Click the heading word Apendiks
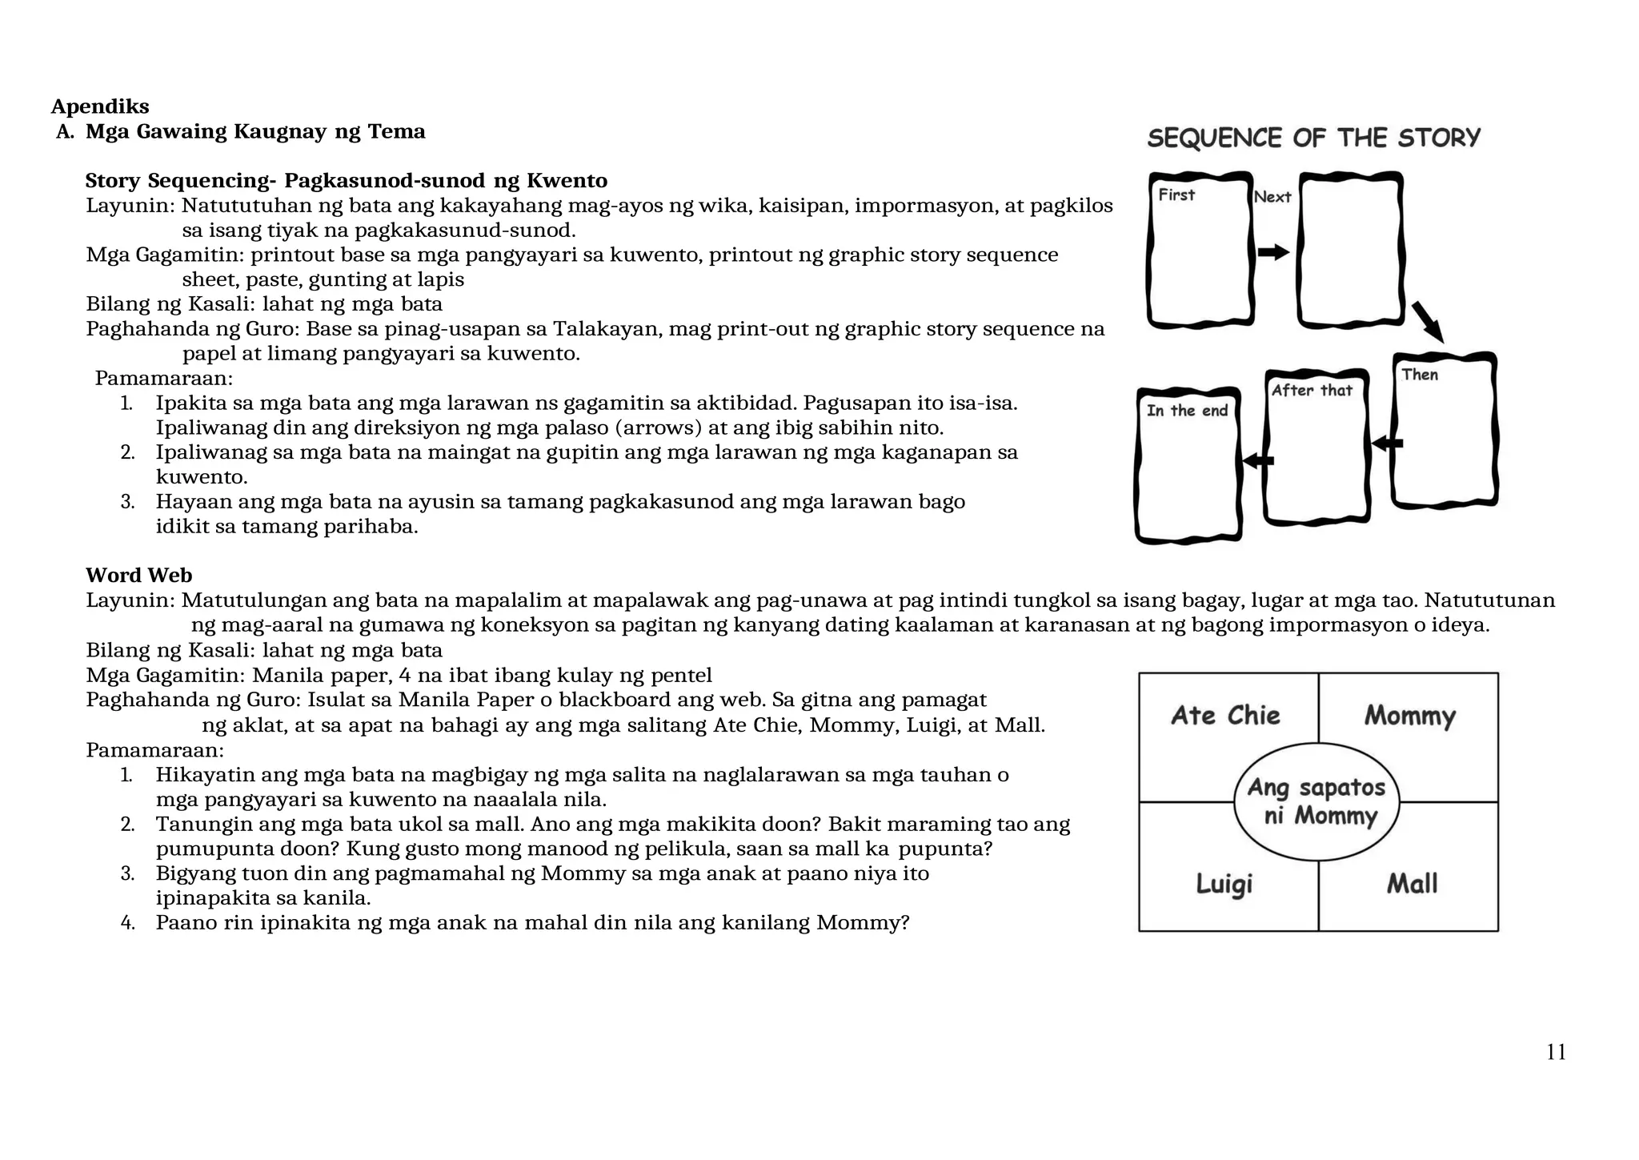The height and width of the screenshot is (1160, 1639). pos(100,106)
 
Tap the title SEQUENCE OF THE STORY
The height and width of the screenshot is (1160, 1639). pos(1313,138)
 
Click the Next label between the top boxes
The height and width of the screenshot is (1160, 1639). pos(1272,197)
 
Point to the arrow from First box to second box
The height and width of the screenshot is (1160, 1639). pos(1272,253)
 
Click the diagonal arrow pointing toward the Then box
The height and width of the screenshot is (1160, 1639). pos(1428,322)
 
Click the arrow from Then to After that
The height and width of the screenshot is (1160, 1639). pos(1387,443)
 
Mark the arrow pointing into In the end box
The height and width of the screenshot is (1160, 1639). pos(1258,460)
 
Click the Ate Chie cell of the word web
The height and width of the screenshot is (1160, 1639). pos(1225,715)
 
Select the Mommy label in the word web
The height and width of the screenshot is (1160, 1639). pos(1409,715)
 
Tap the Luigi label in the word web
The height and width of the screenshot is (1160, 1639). pos(1224,884)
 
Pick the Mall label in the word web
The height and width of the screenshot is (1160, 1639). pos(1412,884)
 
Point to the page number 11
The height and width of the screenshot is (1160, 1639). pos(1556,1052)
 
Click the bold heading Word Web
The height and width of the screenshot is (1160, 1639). pos(138,576)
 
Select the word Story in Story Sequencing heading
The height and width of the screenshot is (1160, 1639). pos(113,181)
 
